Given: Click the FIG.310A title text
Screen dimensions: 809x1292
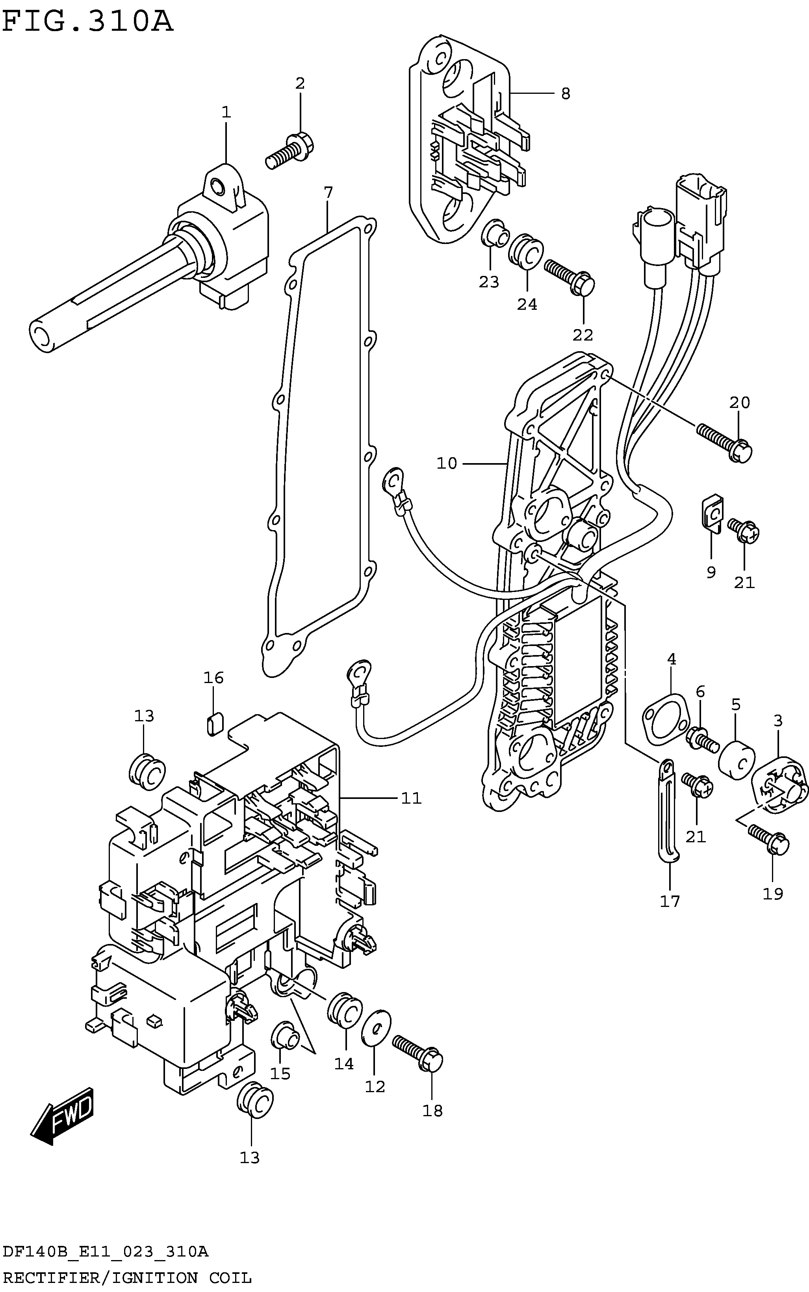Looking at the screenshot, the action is [x=88, y=22].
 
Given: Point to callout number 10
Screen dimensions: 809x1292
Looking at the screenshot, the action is [x=447, y=463].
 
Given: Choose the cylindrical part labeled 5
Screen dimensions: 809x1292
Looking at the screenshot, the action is [x=737, y=761].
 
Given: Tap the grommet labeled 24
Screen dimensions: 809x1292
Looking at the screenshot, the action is [x=525, y=252].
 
